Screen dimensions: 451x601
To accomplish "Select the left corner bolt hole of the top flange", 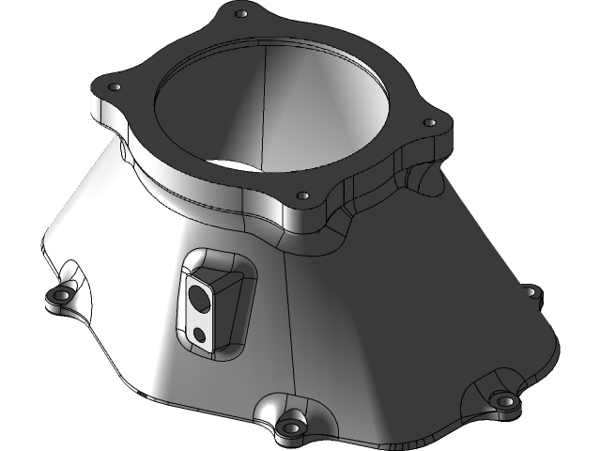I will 116,86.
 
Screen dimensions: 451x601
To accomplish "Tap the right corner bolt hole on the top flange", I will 428,122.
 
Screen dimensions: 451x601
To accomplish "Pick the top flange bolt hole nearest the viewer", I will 301,196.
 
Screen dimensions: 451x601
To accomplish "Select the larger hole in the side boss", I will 200,299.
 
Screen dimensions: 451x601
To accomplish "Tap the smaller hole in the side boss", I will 199,333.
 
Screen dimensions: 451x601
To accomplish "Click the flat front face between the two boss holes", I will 200,317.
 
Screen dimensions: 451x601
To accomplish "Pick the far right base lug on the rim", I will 532,293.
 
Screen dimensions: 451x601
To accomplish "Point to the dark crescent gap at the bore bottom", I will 225,162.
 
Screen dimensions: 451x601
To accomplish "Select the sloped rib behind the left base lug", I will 75,272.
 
